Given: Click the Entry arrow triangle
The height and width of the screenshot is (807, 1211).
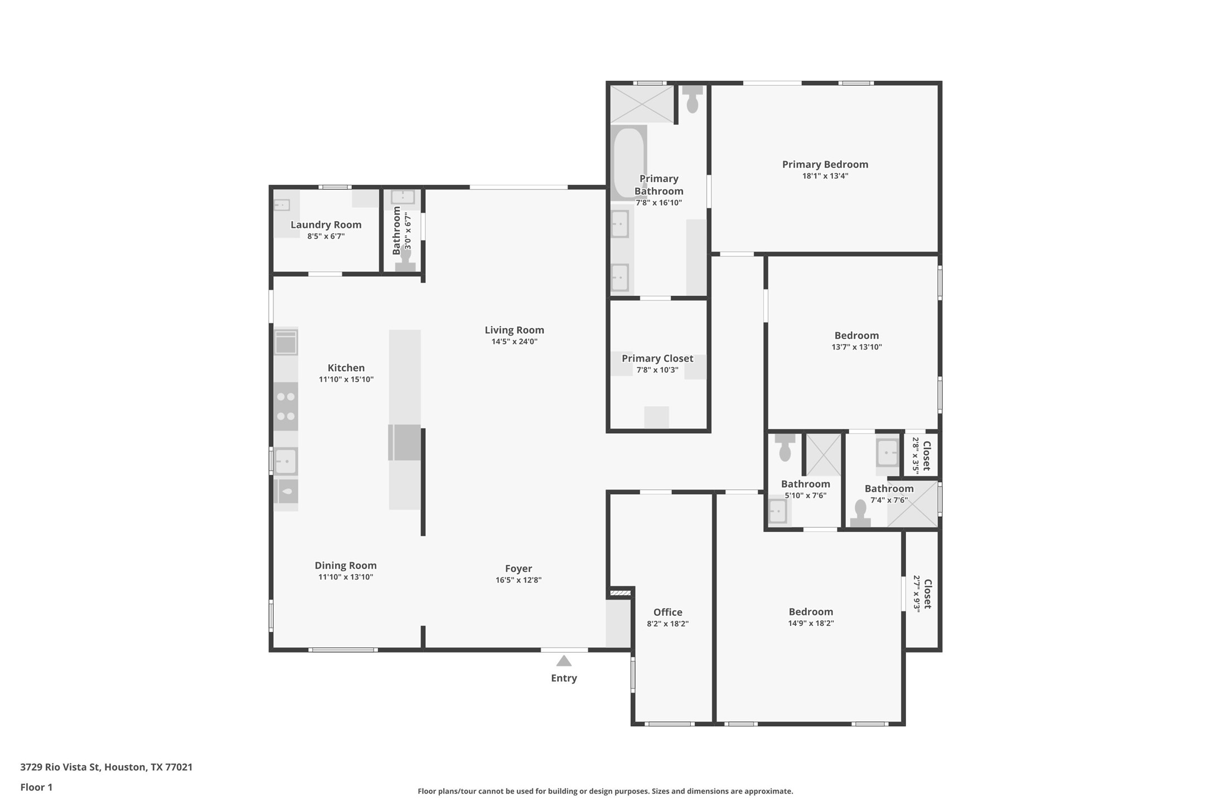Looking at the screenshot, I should [x=564, y=662].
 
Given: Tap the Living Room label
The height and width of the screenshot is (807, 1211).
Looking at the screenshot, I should [x=514, y=330].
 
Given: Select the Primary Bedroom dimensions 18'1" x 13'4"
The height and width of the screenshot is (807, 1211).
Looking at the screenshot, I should [x=825, y=176].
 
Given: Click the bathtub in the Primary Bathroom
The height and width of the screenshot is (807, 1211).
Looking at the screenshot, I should [x=629, y=162].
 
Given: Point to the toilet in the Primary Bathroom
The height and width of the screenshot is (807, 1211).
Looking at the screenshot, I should [x=692, y=100].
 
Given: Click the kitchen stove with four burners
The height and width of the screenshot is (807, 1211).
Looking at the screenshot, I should [x=285, y=406].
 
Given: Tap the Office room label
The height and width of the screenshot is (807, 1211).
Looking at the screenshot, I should [x=667, y=612].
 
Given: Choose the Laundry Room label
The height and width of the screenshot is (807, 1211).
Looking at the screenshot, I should [x=326, y=225].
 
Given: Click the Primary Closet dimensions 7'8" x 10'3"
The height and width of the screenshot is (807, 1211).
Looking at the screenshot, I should [x=657, y=370].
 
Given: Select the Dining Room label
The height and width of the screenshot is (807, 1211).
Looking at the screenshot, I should [x=345, y=565].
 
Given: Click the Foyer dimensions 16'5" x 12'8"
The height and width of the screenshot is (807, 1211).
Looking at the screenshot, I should [x=518, y=580].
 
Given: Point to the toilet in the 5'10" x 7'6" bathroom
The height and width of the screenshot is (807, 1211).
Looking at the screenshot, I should [x=784, y=448].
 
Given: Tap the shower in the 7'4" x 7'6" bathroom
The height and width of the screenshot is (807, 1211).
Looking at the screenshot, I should [x=912, y=504].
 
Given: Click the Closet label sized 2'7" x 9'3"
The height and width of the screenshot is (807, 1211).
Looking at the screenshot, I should [x=927, y=594].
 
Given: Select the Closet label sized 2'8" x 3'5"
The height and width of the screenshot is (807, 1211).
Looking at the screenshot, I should [x=927, y=455].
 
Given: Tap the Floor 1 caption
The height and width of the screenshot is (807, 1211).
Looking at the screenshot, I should [x=36, y=787].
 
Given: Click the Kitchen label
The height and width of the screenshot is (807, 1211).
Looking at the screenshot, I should [x=346, y=368].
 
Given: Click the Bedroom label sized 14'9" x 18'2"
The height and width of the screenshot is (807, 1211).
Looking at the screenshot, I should [x=810, y=611].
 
